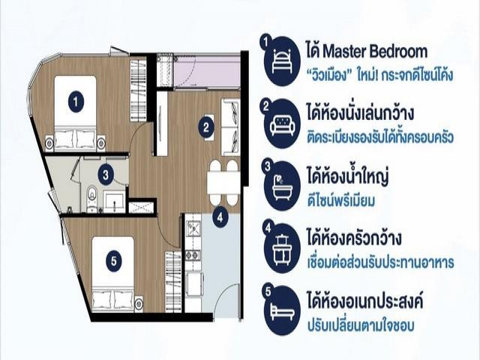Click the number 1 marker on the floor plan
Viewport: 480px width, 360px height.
pos(76,101)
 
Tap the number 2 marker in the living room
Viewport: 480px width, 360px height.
pos(206,127)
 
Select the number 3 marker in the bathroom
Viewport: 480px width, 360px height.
pos(106,175)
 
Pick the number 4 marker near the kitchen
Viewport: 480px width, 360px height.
pos(220,217)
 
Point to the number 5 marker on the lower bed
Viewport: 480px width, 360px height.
pos(114,261)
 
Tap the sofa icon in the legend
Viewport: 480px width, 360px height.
pos(282,124)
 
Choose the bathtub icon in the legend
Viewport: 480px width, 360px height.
pos(282,187)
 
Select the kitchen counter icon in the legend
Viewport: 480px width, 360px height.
pos(282,248)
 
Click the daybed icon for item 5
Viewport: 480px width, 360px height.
pos(282,310)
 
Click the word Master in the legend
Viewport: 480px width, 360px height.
pos(343,52)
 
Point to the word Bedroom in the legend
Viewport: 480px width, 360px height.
pos(398,52)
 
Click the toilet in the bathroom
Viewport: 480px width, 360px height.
pos(91,198)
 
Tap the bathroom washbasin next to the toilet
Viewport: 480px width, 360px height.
pos(114,202)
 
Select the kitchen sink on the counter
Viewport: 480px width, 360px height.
pos(193,228)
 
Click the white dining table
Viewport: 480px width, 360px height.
pos(223,183)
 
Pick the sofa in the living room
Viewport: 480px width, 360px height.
pos(230,127)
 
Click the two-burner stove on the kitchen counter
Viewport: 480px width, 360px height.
pos(193,255)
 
